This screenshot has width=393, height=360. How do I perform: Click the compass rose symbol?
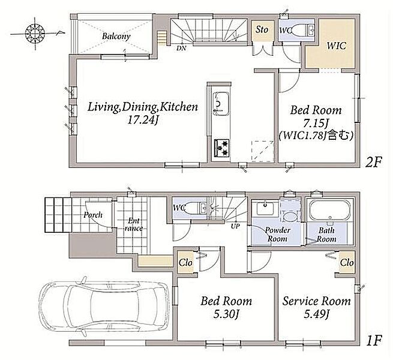tap(35, 33)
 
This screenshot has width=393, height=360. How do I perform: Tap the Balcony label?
tap(116, 37)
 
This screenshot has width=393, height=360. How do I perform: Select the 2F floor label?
tap(373, 163)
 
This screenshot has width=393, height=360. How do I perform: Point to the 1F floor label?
tap(373, 340)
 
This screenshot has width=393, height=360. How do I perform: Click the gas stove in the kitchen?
tap(221, 148)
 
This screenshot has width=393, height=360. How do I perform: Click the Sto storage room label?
tap(262, 30)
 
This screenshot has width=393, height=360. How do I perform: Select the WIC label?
tap(337, 46)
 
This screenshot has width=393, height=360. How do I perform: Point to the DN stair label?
tap(181, 48)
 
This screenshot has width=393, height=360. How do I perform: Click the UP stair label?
tap(235, 226)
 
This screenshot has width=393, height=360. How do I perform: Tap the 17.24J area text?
tap(143, 121)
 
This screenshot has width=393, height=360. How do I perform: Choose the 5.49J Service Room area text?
tap(316, 314)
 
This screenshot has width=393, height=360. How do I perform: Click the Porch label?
tap(93, 215)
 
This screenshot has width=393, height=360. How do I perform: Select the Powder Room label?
tap(277, 235)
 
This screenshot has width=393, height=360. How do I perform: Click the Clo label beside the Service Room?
tap(347, 263)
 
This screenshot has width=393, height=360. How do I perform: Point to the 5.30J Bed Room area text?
tap(226, 314)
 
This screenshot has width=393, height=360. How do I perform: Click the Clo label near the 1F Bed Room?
tap(185, 263)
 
